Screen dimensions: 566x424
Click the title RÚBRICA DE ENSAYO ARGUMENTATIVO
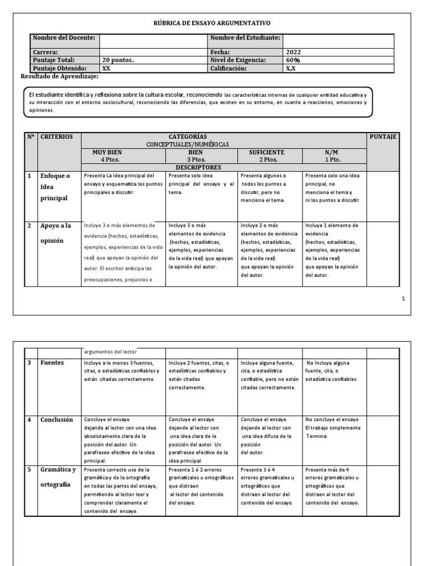211,23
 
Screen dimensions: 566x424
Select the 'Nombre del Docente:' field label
64,38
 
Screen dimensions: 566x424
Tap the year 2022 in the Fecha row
293,52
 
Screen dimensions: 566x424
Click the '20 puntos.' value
118,60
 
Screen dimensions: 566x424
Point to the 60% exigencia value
293,60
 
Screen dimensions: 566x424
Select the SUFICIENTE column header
267,152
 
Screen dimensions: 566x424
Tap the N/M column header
333,152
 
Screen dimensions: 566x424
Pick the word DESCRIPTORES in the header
198,167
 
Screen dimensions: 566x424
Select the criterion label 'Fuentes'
52,363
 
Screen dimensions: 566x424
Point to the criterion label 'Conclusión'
56,420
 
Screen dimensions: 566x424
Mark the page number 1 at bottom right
403,298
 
